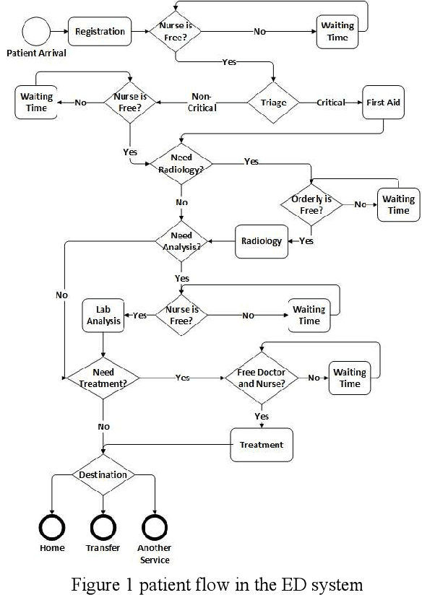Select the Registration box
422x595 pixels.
[100, 32]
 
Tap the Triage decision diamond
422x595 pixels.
[273, 103]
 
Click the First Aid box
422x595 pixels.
[383, 103]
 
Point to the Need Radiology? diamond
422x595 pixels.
[181, 162]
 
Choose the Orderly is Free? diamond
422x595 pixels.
[311, 205]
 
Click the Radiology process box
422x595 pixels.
[261, 241]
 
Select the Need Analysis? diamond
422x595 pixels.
[181, 241]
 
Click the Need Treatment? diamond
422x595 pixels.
[103, 378]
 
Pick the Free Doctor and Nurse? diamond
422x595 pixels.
[261, 378]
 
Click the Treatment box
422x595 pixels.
[261, 445]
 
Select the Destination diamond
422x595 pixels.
[103, 475]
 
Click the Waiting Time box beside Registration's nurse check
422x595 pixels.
[337, 32]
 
